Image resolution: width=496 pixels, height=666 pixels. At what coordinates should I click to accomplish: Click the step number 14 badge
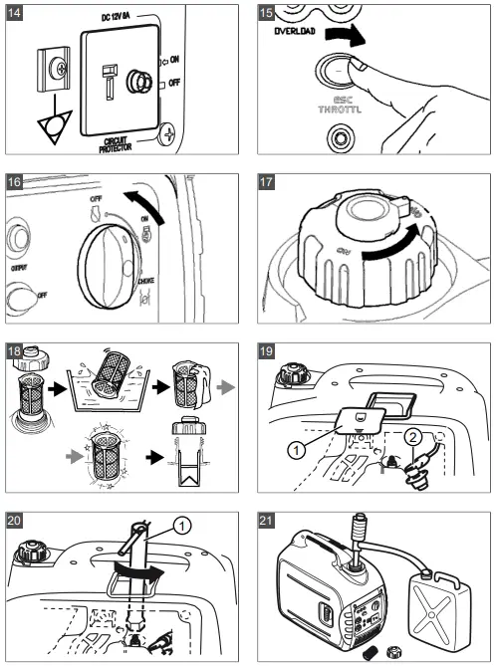click(19, 17)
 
